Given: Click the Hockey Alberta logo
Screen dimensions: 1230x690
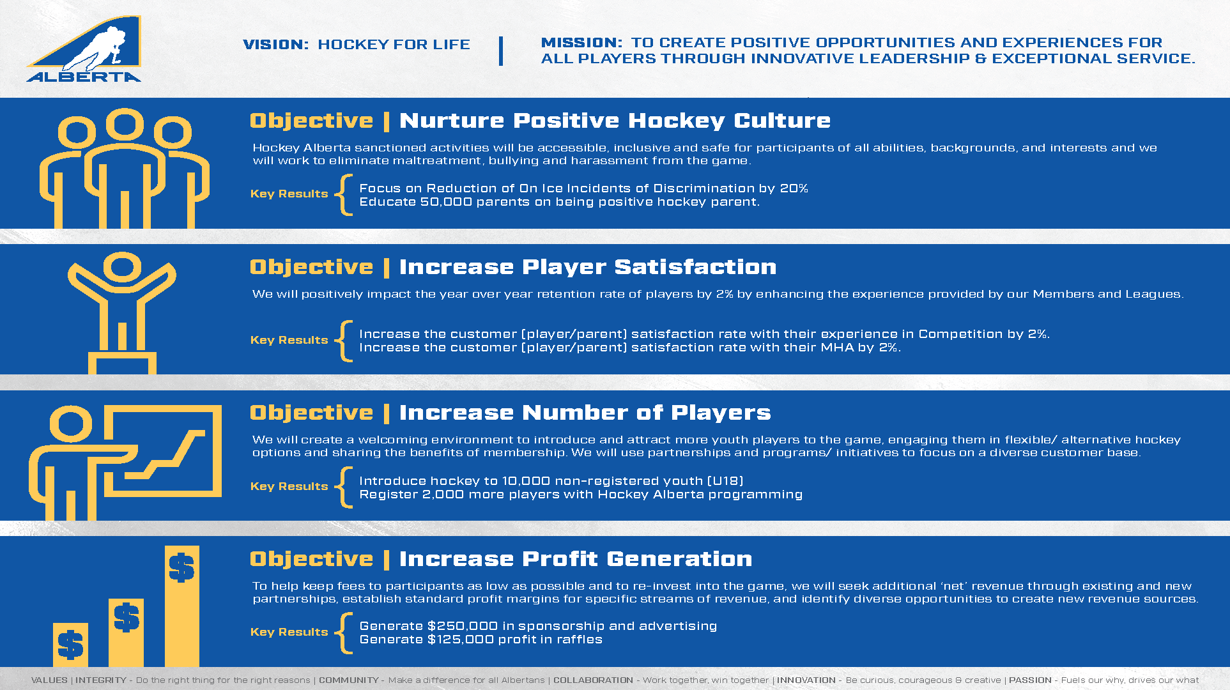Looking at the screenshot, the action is click(84, 49).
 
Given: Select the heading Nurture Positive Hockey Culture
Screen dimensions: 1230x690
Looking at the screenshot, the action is click(615, 121).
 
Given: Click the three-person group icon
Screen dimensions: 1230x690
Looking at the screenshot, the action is click(124, 168).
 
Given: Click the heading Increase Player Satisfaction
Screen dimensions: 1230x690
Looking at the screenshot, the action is click(588, 267).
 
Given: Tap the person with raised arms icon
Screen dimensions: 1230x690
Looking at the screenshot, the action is click(122, 313).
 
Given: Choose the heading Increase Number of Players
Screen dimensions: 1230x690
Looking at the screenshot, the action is click(585, 413).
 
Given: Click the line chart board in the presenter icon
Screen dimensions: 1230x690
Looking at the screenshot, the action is click(163, 450).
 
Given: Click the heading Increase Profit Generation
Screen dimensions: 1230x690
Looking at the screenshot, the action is click(575, 559).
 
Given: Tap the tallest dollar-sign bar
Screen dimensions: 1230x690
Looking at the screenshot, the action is click(182, 606).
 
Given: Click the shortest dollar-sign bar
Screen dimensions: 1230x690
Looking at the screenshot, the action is click(70, 645).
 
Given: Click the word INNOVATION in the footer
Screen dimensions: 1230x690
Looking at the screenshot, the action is click(806, 680).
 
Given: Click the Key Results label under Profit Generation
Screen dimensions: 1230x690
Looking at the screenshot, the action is click(289, 632).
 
